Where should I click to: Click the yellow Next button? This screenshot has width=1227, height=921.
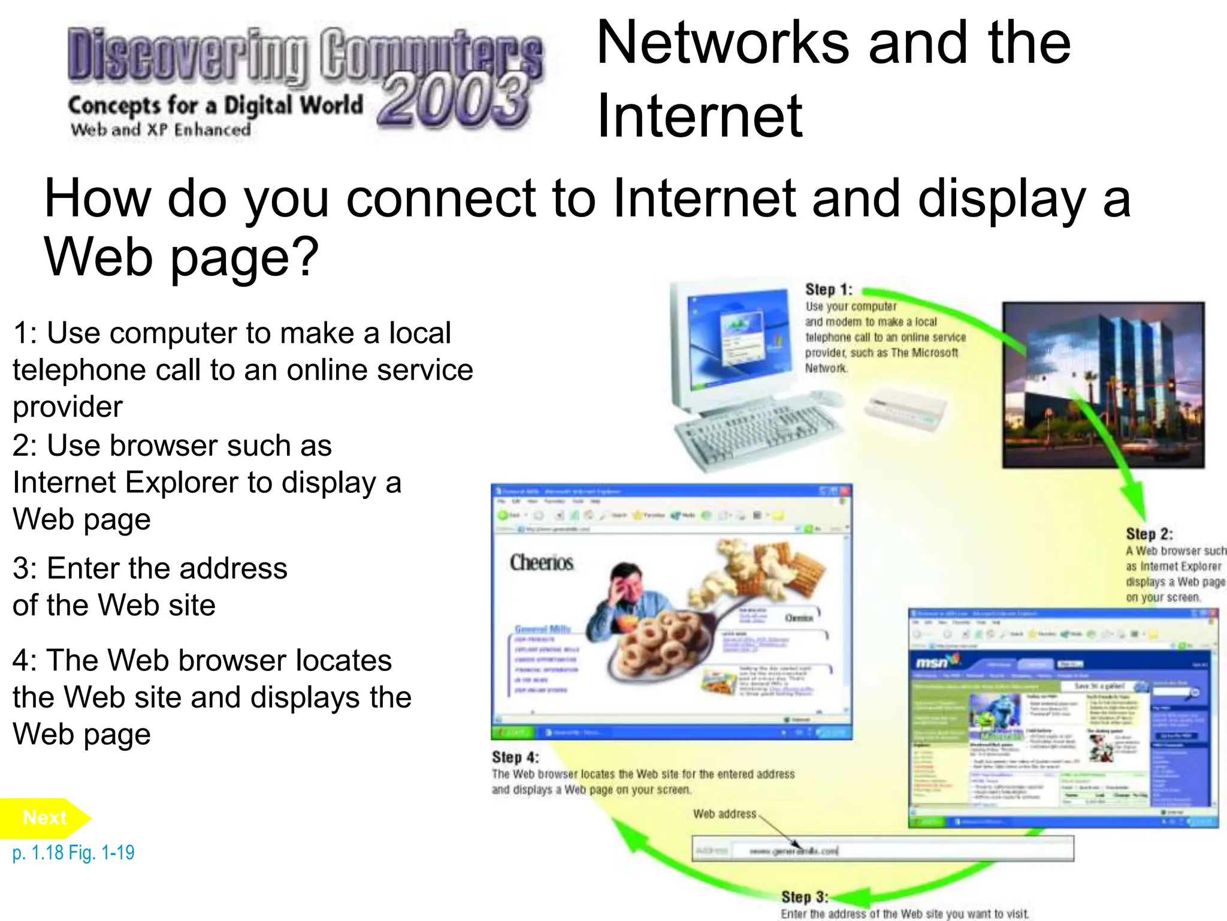44,818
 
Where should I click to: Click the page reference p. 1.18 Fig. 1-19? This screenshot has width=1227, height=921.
73,853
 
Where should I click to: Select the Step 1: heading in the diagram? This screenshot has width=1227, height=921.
828,290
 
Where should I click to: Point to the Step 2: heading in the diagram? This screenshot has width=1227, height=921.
1149,534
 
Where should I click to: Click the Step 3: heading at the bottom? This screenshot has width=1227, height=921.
804,897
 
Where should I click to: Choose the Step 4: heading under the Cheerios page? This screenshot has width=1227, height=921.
515,757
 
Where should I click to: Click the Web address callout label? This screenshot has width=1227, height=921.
724,814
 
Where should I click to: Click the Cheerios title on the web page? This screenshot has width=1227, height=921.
542,562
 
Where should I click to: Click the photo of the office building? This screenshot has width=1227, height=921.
1103,385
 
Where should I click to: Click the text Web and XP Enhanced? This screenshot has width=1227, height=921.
161,130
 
